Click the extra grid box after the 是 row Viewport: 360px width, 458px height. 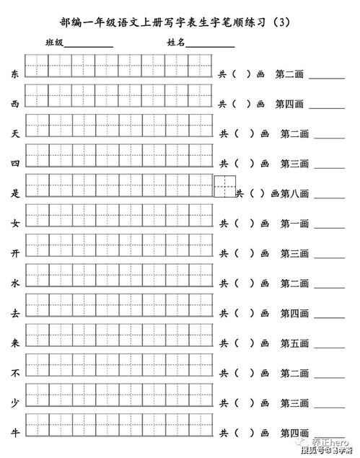point(225,186)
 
